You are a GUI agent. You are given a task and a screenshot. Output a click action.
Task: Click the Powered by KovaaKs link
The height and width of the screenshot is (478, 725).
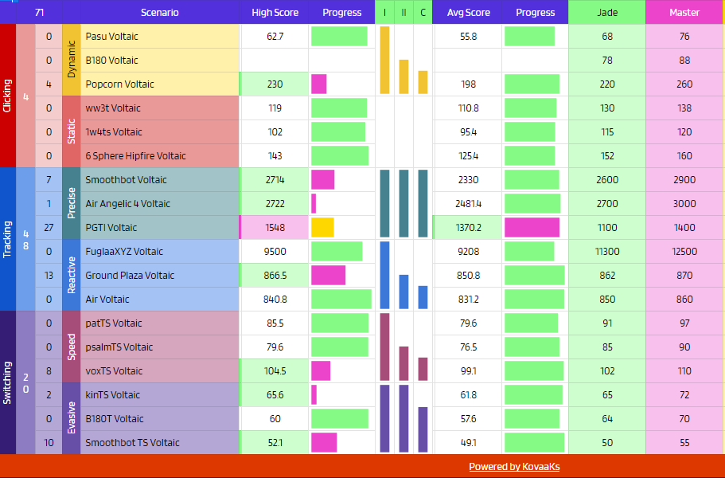click(x=514, y=467)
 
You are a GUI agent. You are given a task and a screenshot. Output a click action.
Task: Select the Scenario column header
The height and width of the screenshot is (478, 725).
click(x=159, y=13)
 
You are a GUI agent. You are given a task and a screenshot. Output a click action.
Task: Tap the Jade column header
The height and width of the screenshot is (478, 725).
click(x=607, y=13)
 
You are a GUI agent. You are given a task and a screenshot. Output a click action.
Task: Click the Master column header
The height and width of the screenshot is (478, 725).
click(x=684, y=13)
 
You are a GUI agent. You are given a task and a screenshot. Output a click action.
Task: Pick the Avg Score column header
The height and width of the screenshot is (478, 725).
click(x=468, y=13)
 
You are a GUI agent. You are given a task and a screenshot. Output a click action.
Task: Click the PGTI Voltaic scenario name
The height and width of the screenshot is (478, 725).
click(x=111, y=228)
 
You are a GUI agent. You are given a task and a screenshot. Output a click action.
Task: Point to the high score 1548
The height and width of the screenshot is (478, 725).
click(x=275, y=228)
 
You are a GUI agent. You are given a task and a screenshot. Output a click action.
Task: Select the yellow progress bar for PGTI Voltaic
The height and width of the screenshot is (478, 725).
click(x=322, y=228)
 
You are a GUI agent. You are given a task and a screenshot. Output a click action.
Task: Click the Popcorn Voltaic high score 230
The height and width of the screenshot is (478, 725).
click(x=275, y=84)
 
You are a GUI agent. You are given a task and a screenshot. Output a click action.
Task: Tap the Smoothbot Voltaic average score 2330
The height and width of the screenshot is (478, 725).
click(x=468, y=179)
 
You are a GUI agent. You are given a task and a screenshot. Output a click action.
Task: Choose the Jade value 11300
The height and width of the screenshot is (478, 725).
click(x=607, y=252)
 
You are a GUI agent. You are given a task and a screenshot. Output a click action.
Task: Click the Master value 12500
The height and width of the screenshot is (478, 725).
click(x=684, y=252)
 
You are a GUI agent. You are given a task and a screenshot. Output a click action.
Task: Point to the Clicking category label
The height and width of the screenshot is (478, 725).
click(x=7, y=96)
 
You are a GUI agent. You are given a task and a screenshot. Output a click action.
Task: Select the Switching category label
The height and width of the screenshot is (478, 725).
click(x=7, y=382)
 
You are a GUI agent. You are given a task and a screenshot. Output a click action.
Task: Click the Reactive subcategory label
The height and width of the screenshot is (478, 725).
click(x=71, y=276)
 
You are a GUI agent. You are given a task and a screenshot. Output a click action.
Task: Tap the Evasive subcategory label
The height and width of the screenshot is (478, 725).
click(x=71, y=419)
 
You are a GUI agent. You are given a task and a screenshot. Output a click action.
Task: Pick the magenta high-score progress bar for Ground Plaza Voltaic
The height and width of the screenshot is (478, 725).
click(x=329, y=276)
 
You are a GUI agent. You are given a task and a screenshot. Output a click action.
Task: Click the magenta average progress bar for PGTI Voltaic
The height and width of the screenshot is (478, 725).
click(x=532, y=228)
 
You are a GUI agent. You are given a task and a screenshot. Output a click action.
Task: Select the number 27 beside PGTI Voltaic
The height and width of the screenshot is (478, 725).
click(x=49, y=228)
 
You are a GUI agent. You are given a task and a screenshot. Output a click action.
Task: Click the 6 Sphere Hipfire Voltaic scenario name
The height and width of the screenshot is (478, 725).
click(x=135, y=156)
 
